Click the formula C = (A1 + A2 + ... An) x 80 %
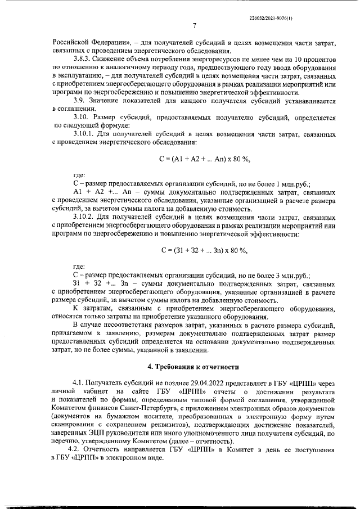tap(204, 160)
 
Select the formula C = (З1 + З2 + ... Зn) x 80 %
tap(204, 250)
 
